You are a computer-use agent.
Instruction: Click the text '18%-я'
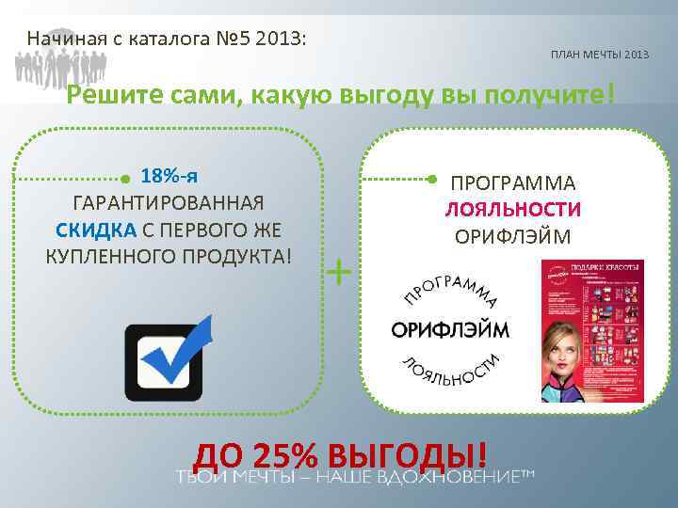[169, 176]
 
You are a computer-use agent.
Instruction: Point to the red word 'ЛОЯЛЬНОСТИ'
[513, 210]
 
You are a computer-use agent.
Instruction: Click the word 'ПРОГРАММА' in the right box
[513, 183]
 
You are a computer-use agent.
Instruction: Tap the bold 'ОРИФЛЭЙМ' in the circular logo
[450, 329]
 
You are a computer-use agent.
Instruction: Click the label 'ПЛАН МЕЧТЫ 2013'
[600, 56]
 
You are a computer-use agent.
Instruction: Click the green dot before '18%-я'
[126, 178]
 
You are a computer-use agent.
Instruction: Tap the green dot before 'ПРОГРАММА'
[431, 178]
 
